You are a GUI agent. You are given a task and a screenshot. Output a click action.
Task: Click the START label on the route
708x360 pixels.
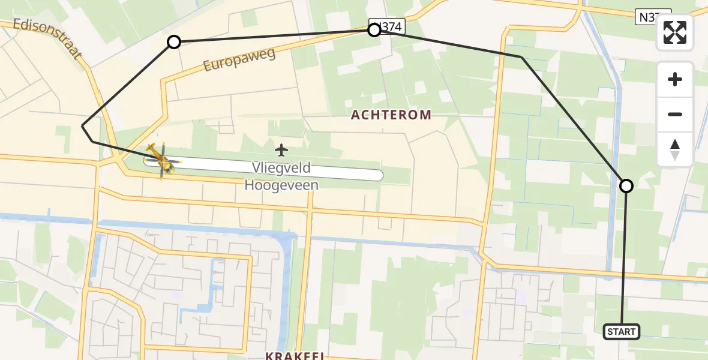[x=621, y=331]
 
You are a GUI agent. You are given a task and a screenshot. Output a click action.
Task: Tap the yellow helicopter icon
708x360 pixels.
[x=161, y=159]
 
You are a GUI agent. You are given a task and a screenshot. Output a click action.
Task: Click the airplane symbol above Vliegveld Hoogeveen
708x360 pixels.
[x=281, y=149]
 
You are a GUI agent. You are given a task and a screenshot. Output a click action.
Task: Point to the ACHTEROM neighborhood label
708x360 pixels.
[x=391, y=115]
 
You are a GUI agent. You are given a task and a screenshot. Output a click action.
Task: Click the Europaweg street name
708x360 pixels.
[x=239, y=60]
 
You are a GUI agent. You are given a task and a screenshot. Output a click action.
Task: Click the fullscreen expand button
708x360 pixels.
[x=675, y=32]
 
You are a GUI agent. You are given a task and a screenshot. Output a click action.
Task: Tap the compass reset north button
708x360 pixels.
[x=675, y=149]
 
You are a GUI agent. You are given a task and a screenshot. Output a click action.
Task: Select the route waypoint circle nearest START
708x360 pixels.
[x=626, y=186]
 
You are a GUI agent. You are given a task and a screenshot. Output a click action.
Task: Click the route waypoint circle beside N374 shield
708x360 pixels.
[x=374, y=29]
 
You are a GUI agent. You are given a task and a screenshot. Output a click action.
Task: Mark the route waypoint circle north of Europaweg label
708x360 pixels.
[x=174, y=41]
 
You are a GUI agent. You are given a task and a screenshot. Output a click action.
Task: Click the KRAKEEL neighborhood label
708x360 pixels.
[x=295, y=355]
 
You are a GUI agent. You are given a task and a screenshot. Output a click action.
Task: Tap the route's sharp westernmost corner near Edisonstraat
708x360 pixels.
[x=82, y=126]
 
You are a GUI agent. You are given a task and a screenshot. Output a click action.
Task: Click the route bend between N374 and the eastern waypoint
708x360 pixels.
[x=521, y=57]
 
